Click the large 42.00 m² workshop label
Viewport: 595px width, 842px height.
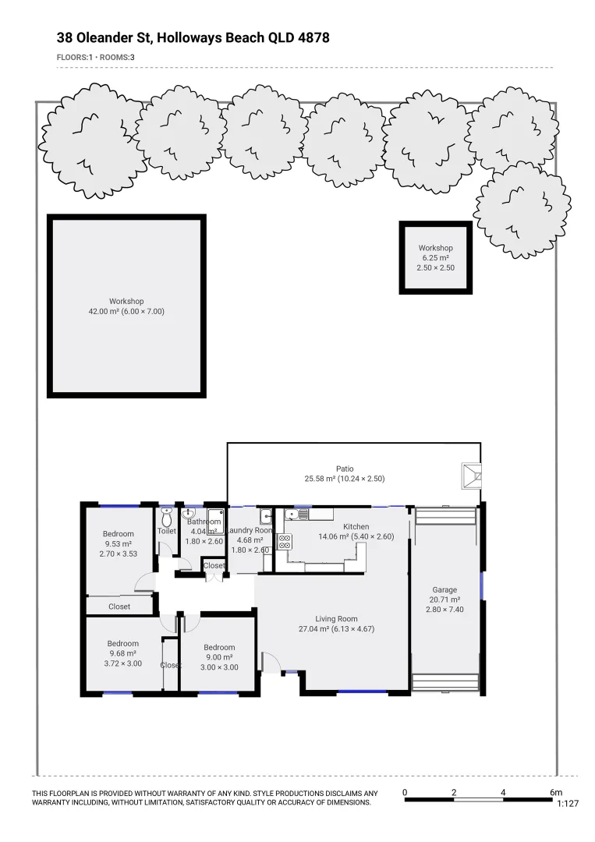pos(126,306)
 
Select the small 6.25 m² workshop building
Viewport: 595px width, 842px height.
pos(436,258)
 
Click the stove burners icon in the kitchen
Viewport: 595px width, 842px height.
pos(285,541)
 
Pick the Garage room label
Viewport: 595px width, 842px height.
pos(444,595)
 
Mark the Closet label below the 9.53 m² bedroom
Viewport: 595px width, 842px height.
pos(119,606)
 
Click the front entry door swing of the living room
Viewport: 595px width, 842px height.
pos(270,662)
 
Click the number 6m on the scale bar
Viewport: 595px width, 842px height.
pos(555,793)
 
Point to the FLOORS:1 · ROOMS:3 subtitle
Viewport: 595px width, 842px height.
pos(96,57)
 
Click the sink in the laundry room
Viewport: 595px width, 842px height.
pos(266,515)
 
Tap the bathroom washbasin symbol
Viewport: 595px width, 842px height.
pos(188,515)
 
